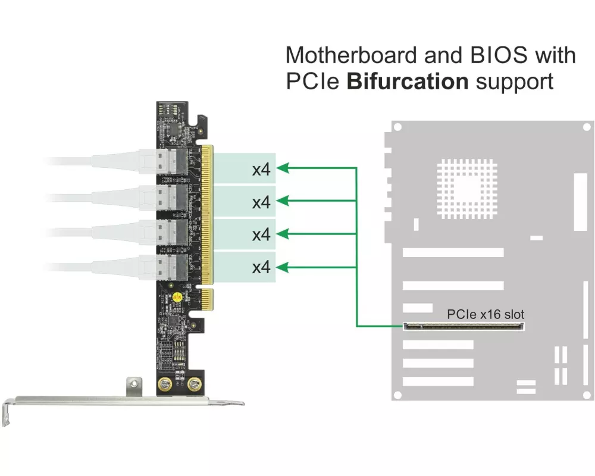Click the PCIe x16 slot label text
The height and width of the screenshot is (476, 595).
(486, 314)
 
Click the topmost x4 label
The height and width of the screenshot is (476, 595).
(261, 170)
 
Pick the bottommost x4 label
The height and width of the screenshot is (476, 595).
(261, 268)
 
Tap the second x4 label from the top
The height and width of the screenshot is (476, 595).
(261, 202)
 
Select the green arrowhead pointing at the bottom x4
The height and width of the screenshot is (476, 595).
(284, 268)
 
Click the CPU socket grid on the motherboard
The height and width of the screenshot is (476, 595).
(466, 188)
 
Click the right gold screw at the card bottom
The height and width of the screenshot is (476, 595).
(193, 385)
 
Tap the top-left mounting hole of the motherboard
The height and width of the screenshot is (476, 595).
(397, 127)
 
